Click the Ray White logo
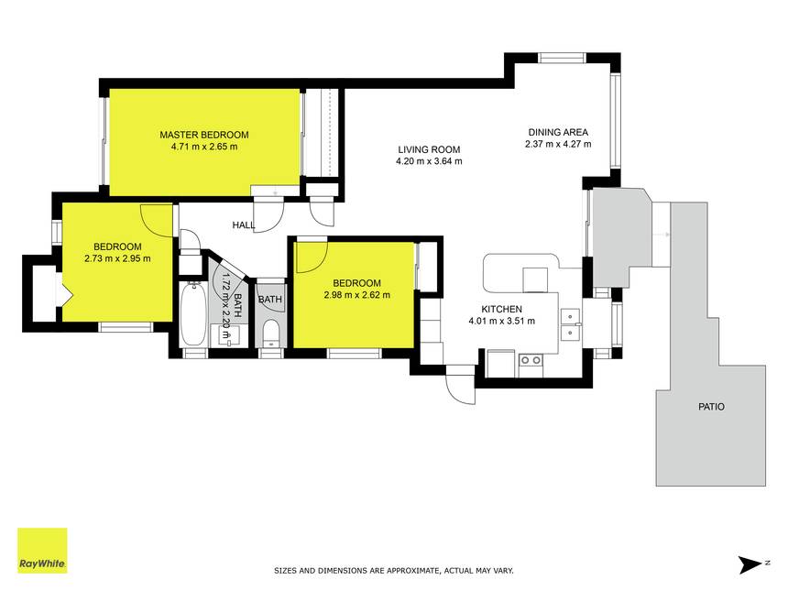coord(42,551)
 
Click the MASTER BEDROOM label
coord(204,135)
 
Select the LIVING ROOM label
coord(429,149)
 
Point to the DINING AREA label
coord(558,132)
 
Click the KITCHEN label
coord(501,309)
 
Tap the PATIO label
coord(712,407)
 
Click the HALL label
coord(244,225)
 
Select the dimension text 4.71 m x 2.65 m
coord(204,147)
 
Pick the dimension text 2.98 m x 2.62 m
coord(356,295)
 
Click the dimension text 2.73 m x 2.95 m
coord(117,258)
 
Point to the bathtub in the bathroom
coord(193,314)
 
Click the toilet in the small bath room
coord(271,333)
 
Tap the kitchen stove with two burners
coord(531,360)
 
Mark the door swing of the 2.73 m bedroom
coord(157,220)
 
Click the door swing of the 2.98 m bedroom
coord(312,257)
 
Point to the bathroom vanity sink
coord(228,335)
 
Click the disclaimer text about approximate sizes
coord(393,571)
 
